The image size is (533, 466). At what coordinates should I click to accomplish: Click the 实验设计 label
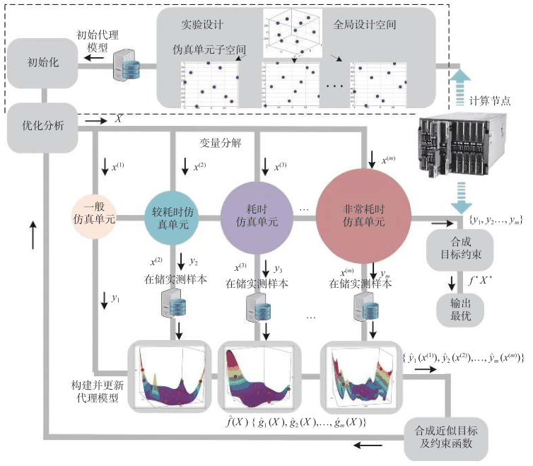click(x=202, y=25)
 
